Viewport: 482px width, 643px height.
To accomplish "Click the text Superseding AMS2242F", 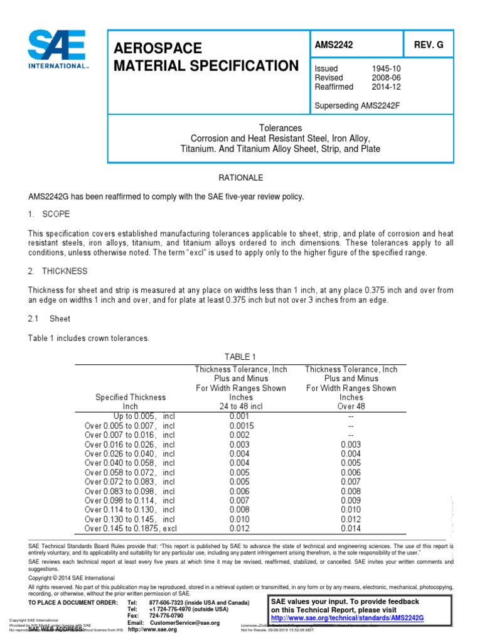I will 357,105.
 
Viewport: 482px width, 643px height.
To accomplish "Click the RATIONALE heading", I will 240,178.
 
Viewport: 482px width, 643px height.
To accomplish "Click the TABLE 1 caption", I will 241,357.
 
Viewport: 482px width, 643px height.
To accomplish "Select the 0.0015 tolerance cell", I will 241,425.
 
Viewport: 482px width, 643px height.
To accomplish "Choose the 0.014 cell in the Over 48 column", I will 351,529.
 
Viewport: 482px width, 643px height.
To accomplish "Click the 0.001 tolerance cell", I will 241,416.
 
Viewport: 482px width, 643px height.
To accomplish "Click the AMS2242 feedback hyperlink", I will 348,618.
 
